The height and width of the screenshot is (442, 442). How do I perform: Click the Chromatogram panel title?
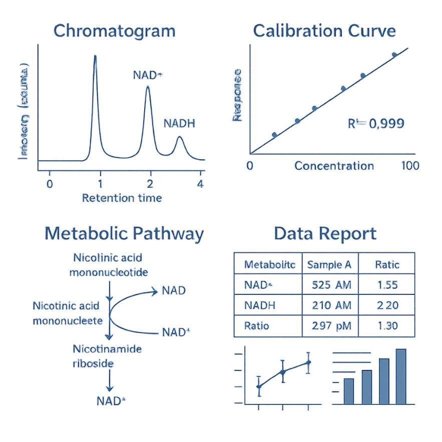pos(114,31)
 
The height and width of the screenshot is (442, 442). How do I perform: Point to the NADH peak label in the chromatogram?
pos(179,124)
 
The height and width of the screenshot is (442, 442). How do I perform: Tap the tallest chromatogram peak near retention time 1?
pos(95,58)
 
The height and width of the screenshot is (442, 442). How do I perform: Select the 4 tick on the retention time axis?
pos(201,183)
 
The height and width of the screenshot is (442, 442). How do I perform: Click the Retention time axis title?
pos(122,198)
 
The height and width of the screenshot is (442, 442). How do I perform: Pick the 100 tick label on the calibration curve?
pos(410,166)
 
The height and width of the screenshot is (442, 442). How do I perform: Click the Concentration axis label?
pos(334,166)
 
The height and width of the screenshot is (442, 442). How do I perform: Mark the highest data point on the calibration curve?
pos(394,55)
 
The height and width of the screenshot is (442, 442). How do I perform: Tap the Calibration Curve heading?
pos(324,31)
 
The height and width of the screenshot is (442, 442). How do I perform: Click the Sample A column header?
pos(329,264)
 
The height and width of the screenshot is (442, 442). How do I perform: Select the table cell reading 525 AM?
pos(331,285)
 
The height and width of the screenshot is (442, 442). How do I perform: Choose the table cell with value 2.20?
pos(387,305)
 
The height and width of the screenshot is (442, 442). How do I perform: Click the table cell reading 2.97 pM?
pos(331,326)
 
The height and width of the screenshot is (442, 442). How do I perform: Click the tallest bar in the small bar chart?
pos(401,375)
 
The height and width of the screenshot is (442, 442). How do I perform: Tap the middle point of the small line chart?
pos(283,372)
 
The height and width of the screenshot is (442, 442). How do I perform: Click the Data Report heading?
pos(325,234)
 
